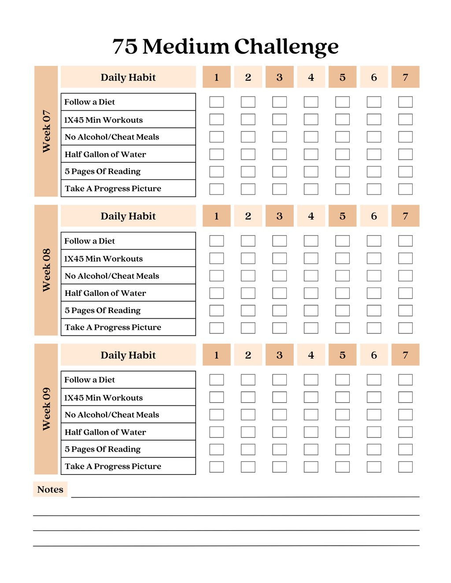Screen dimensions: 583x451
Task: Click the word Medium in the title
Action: [x=186, y=46]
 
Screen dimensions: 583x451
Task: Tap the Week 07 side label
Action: [x=46, y=131]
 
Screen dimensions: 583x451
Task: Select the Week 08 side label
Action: [x=46, y=270]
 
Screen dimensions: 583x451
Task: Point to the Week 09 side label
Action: [x=46, y=409]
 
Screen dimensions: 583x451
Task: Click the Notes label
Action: [x=50, y=489]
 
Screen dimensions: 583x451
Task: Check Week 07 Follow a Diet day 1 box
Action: [x=217, y=102]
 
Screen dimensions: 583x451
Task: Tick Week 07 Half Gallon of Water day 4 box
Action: [x=311, y=154]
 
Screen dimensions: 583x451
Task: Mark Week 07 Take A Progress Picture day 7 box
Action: [x=405, y=189]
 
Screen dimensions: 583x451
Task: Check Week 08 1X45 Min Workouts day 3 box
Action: [x=280, y=259]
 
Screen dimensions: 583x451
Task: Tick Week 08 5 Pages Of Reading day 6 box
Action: [x=374, y=310]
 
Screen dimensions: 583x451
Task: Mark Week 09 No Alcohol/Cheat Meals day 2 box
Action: [x=248, y=415]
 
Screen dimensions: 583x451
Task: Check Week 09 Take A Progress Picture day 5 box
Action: [x=343, y=466]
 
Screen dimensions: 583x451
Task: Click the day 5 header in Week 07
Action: [x=343, y=77]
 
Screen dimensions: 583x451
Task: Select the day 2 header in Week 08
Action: [x=248, y=216]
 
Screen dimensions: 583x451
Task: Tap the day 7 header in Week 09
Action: [x=405, y=355]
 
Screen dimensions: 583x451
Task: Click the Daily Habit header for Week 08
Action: [x=128, y=216]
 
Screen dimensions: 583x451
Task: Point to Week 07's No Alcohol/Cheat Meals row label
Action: [x=112, y=137]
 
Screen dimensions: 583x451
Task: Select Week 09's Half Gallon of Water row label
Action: [x=105, y=432]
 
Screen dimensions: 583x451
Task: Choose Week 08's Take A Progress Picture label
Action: [x=113, y=327]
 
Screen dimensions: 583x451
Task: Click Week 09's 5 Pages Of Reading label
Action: [x=103, y=449]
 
